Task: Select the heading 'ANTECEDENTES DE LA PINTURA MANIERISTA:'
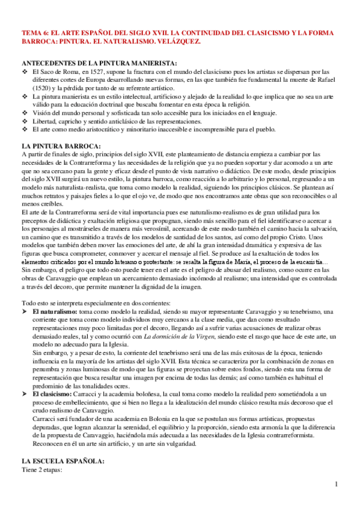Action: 99,63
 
